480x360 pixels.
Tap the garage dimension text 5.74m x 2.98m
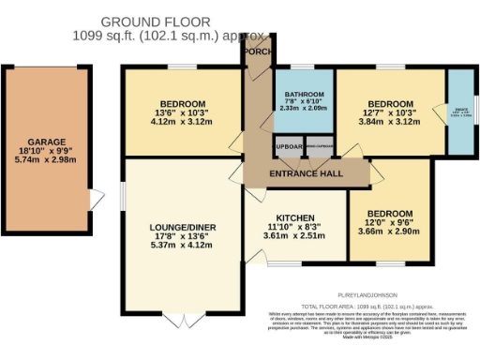[47, 161]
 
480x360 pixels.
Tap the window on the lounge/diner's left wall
[123, 193]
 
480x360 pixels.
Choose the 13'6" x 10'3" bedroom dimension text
[184, 112]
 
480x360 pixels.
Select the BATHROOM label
[305, 95]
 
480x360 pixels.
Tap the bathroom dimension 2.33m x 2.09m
[305, 110]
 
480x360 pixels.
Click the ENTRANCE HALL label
[306, 173]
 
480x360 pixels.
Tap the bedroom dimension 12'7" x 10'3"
[391, 112]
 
